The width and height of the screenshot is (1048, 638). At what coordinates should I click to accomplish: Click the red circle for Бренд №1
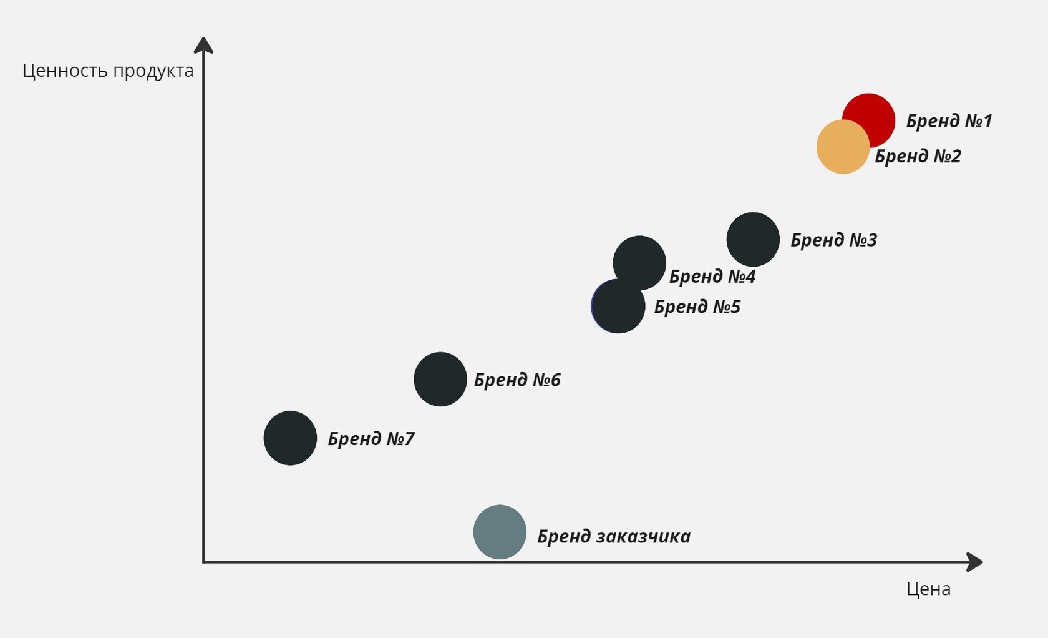click(873, 112)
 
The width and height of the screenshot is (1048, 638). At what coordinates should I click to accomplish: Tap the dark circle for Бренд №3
click(753, 239)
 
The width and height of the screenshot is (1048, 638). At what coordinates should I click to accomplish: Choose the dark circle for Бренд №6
click(440, 379)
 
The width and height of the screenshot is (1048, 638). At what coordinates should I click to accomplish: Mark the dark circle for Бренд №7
click(290, 438)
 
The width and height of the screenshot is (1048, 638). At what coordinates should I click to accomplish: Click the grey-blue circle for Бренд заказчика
click(500, 532)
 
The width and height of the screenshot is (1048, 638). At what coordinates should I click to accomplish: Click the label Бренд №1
click(949, 121)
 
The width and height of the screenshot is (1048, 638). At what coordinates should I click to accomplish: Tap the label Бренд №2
click(918, 156)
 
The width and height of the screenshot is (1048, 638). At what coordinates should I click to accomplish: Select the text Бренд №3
click(833, 240)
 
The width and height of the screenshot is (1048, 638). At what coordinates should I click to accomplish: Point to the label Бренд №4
click(712, 277)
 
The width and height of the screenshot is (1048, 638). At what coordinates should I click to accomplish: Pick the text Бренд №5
click(697, 307)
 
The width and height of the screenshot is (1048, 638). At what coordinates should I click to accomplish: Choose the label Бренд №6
click(517, 380)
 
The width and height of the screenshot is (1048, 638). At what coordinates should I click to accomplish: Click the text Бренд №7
click(371, 439)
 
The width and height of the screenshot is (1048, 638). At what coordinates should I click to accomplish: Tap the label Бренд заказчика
click(614, 537)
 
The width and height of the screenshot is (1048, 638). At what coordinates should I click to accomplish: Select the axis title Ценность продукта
click(108, 71)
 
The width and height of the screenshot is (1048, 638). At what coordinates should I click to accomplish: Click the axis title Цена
click(928, 589)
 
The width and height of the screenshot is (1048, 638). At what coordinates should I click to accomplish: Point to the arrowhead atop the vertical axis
click(203, 46)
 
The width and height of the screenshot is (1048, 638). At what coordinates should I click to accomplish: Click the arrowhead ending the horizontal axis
click(974, 562)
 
